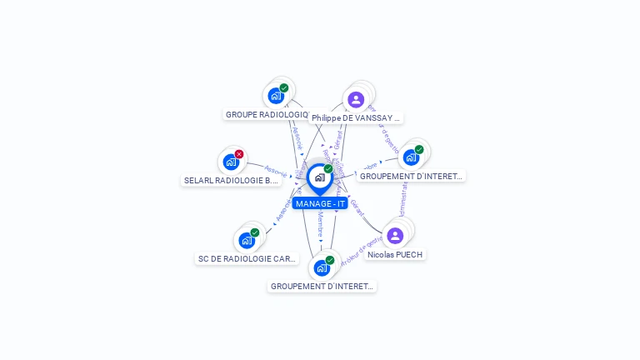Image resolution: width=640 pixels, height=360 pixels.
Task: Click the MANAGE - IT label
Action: (x=320, y=203)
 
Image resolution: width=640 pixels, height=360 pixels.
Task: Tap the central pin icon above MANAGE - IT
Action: (x=320, y=177)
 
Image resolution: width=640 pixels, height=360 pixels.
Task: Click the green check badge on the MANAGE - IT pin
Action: (x=328, y=169)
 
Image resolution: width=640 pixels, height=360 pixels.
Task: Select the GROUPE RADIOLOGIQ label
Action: (x=267, y=114)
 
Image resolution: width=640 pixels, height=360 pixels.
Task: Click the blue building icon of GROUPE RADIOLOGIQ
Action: (x=277, y=96)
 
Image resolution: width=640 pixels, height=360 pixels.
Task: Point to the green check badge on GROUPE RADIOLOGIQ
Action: (x=284, y=88)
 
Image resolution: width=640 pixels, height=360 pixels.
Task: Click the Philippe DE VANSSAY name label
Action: (x=356, y=118)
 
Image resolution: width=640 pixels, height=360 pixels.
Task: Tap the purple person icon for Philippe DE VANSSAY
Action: (x=356, y=100)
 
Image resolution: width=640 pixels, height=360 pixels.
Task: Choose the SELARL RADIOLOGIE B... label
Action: (x=231, y=180)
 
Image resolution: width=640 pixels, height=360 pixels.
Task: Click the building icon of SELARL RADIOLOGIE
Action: (x=231, y=162)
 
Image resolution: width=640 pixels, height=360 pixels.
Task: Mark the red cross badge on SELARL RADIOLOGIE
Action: (x=239, y=154)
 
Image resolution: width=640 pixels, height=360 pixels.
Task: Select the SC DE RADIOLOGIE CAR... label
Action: (x=247, y=258)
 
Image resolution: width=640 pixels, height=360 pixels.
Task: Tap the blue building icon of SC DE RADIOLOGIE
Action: (x=247, y=241)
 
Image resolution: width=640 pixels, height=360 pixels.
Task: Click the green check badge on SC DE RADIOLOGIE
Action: (x=255, y=232)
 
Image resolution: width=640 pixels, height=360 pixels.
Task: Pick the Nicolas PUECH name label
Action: (x=395, y=254)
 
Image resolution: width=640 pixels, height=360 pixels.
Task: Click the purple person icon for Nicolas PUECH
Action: (x=395, y=236)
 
